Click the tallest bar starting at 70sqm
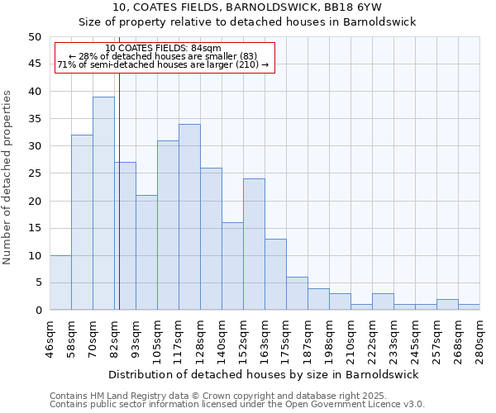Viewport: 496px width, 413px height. (103, 203)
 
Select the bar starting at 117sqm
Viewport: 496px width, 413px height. (189, 216)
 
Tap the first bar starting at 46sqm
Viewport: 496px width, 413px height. (60, 282)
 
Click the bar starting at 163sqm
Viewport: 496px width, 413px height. (275, 274)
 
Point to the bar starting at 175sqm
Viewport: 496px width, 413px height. (297, 293)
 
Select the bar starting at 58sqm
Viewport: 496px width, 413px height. (82, 222)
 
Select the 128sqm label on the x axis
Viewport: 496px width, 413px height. (200, 339)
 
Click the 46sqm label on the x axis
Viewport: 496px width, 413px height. (50, 338)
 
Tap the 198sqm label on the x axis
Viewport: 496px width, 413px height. (329, 339)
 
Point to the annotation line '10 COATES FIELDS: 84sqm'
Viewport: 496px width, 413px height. (163, 49)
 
